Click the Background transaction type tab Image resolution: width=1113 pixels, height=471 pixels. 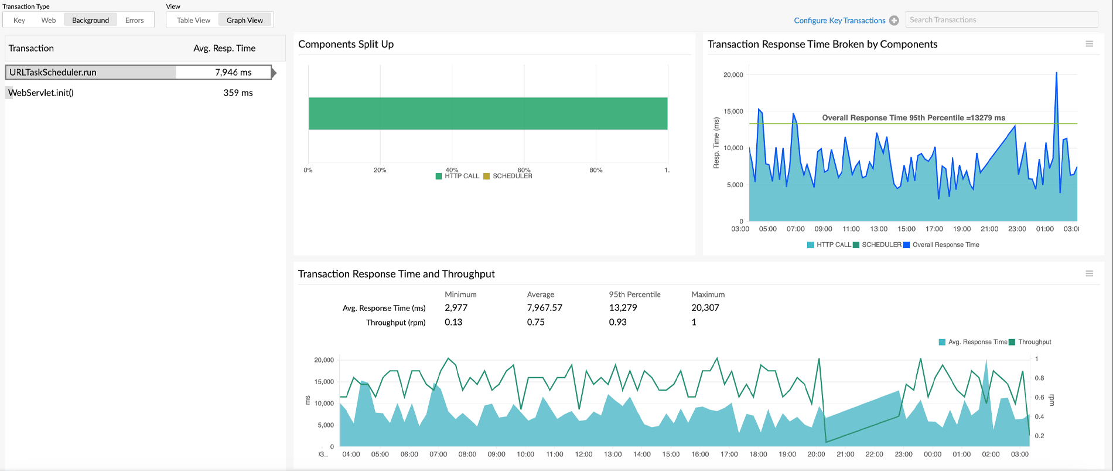point(90,20)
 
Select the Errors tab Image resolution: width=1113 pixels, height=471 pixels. point(134,20)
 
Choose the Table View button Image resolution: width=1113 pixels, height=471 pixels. point(193,20)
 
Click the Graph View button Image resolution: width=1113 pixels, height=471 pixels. point(245,20)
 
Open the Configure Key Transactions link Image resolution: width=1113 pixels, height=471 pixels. point(839,21)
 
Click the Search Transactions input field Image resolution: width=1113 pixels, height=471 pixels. point(1001,20)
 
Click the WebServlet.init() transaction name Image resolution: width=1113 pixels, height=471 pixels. point(41,93)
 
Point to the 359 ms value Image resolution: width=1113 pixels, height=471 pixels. point(238,93)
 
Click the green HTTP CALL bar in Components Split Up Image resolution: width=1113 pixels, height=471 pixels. point(487,113)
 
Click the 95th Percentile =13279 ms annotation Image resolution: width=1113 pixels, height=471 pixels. point(913,118)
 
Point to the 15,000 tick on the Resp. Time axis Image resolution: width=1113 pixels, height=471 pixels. point(733,111)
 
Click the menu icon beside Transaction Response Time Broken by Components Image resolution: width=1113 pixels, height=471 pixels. point(1089,44)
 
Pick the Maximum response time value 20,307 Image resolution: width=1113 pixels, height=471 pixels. point(705,307)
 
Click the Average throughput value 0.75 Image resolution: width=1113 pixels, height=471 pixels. point(535,322)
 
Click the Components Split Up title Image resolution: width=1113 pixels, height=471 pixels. point(346,44)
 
